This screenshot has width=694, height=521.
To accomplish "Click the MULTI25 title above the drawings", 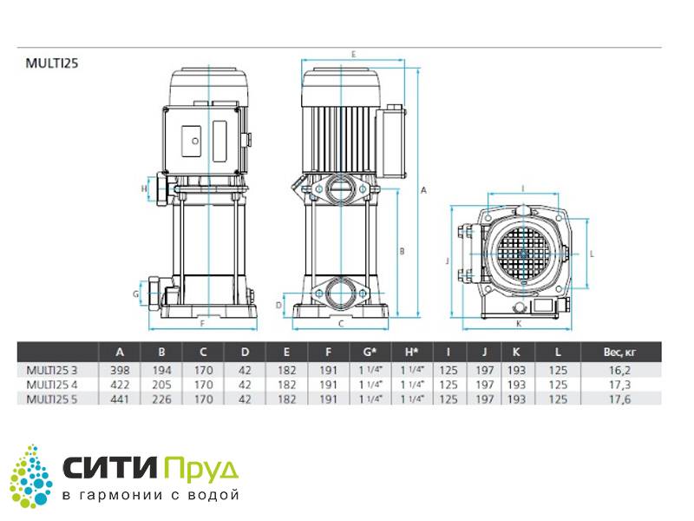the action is point(52,63).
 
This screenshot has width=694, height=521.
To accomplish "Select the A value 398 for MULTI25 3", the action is point(120,371).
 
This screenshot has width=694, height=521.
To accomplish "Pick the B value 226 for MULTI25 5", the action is point(161,399).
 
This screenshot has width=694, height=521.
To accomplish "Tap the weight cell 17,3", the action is point(619,385).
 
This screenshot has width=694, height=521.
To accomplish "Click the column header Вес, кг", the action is point(619,353).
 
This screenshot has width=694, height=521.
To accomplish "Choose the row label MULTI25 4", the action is point(52,385).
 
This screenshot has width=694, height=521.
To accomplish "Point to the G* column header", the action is point(370,353).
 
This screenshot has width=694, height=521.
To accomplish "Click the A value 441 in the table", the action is point(120,399).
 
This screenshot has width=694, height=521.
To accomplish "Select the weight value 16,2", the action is point(619,371).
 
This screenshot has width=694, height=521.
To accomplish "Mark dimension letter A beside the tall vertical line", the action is point(423,190).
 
